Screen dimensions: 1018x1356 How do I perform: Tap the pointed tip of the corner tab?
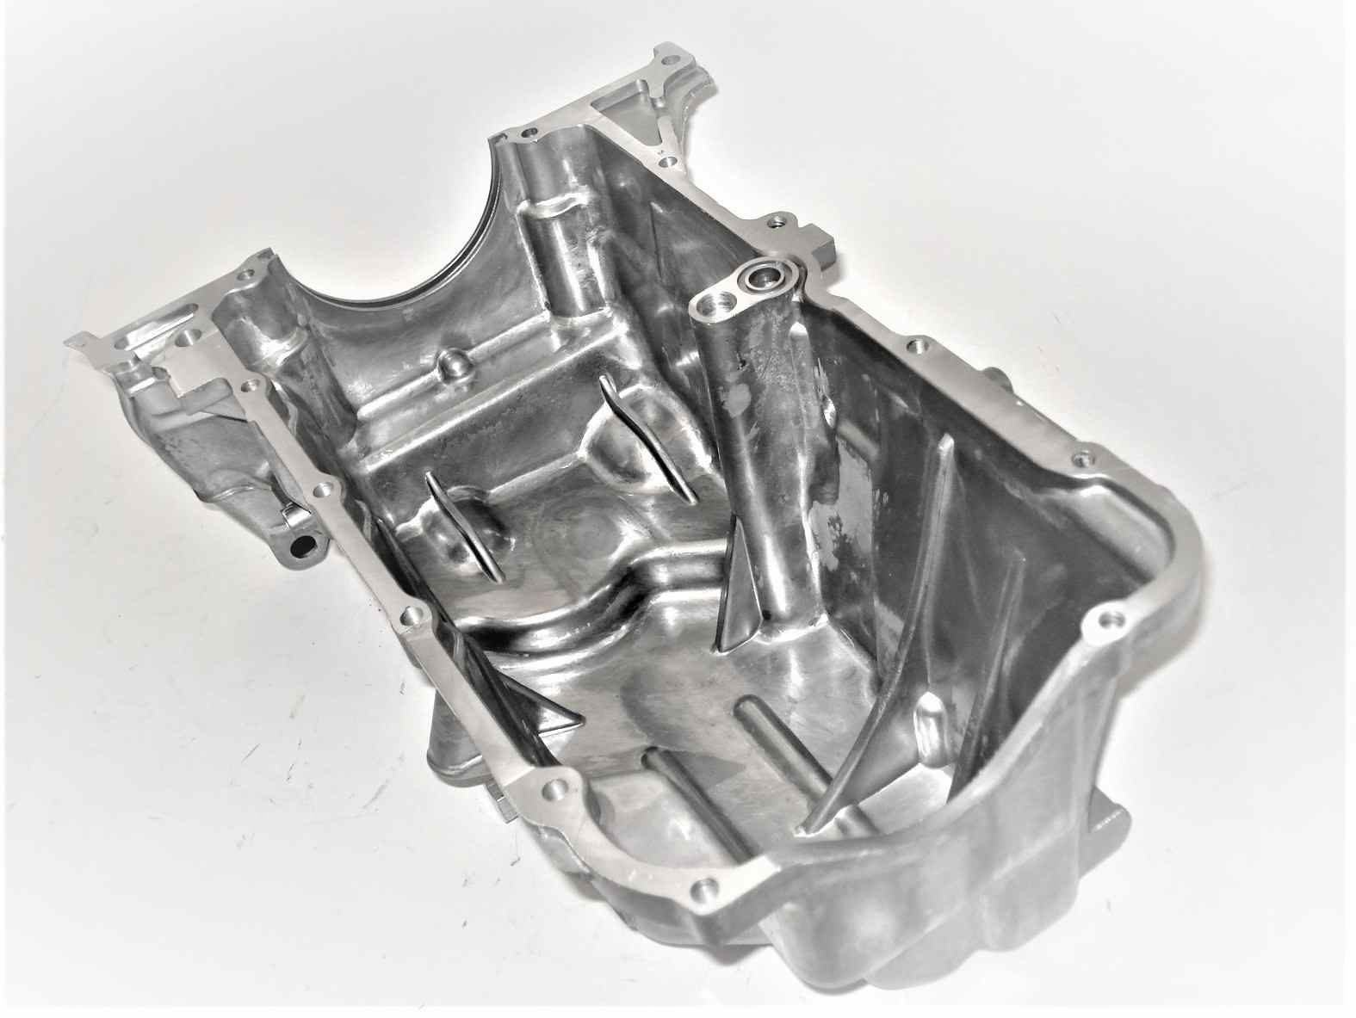pyautogui.click(x=69, y=342)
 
